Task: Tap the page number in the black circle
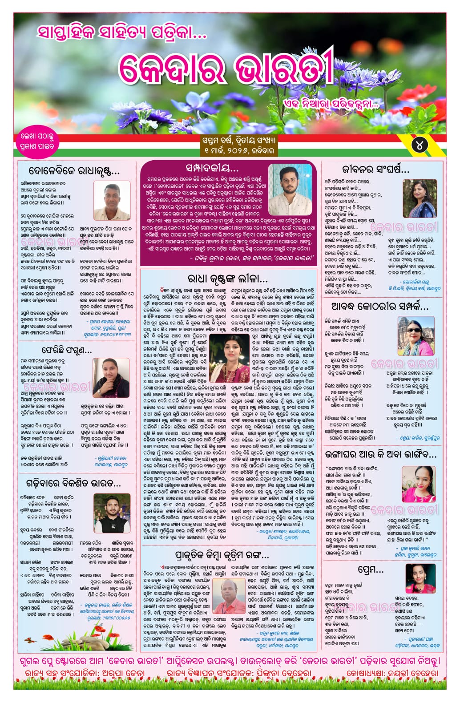click(420, 145)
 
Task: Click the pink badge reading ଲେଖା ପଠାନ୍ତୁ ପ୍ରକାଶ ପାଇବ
click(37, 141)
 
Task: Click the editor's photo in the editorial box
click(290, 183)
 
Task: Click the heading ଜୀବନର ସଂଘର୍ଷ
click(375, 169)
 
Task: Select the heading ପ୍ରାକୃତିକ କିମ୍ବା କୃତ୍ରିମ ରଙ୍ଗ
click(222, 555)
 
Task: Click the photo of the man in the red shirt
click(229, 596)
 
